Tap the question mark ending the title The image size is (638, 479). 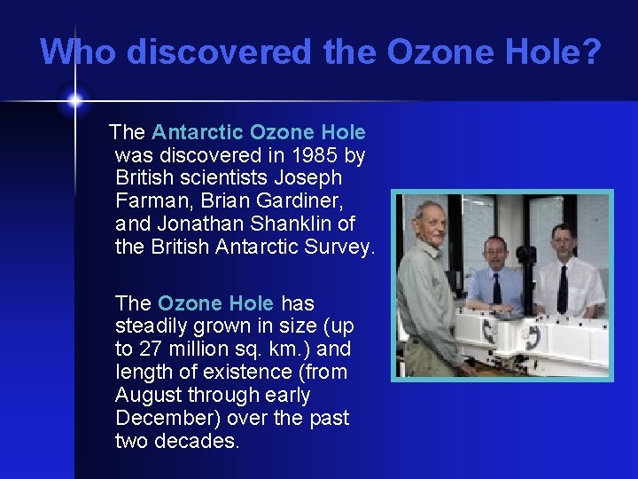pos(590,52)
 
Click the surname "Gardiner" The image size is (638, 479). pos(300,201)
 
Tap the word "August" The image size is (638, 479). pos(149,395)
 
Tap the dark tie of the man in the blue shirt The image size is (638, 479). pos(496,288)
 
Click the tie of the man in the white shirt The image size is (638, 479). pos(562,288)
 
